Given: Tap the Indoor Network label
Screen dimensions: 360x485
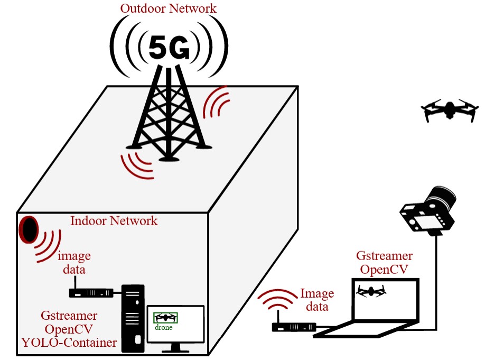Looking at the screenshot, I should click(114, 220).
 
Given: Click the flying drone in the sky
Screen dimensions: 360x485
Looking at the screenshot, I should click(450, 110).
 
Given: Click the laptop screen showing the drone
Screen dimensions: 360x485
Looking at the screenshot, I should click(385, 299).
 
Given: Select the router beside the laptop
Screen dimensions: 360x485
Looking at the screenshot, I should click(294, 327).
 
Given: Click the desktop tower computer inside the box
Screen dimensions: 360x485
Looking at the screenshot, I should click(133, 317).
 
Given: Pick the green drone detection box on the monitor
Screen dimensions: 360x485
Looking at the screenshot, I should click(166, 318).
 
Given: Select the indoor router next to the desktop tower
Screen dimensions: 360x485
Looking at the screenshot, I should click(90, 292).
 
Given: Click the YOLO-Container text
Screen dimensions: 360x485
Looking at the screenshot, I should click(69, 343).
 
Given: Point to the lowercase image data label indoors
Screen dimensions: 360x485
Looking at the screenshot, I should click(74, 263).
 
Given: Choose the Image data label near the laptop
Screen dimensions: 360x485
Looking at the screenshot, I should click(317, 300).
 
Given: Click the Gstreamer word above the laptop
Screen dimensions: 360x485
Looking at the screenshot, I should click(384, 256).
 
